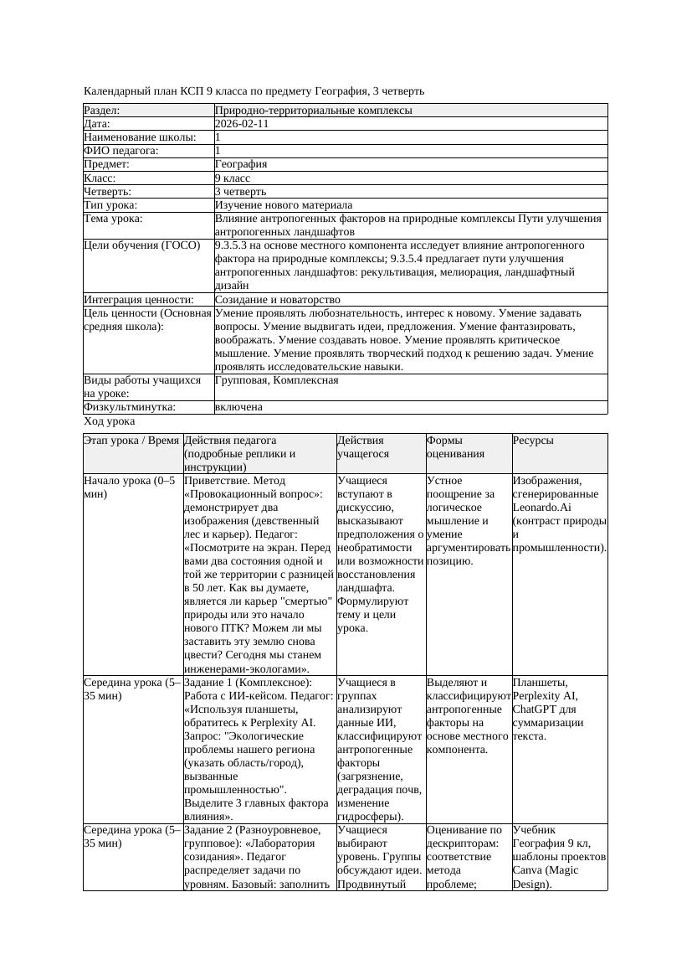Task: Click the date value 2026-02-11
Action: coord(242,124)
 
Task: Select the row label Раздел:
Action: coord(102,111)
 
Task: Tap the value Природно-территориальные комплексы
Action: coord(313,111)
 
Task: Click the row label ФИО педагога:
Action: coord(121,151)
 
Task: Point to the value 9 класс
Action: coord(233,178)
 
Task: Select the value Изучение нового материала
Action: coord(284,204)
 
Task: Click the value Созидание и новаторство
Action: coord(277,299)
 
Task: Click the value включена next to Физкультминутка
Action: coord(238,407)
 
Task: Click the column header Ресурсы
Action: coord(533,441)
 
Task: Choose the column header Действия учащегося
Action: coord(361,447)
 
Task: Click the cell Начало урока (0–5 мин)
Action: coord(130,487)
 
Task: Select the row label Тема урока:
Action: coord(114,219)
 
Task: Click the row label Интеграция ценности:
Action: coord(138,299)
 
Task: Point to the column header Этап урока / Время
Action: coord(131,441)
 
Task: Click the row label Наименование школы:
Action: coord(140,137)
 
